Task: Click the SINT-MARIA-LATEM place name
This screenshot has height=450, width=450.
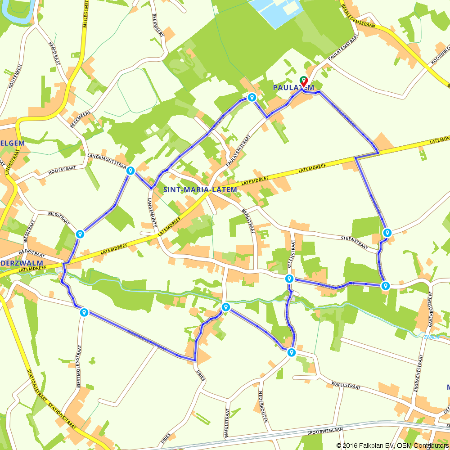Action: pos(200,190)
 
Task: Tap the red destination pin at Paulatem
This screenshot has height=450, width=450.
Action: pos(304,81)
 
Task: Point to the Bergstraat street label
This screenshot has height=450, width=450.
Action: pos(248,220)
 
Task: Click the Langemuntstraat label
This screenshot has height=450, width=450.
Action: pos(106,159)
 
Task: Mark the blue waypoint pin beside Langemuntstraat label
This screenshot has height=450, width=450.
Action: pos(130,171)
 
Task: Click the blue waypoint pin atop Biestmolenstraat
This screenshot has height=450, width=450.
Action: pos(84,312)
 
